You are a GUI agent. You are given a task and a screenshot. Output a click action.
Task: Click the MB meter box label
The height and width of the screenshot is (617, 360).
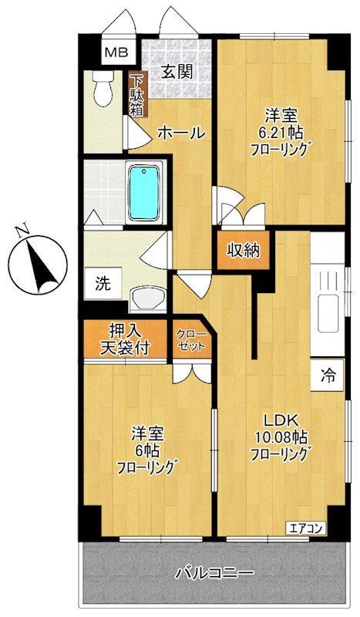118,53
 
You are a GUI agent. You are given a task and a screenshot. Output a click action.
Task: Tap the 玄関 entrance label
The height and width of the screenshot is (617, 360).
177,72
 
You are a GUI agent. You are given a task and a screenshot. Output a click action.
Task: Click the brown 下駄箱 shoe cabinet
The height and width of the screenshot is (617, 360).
136,93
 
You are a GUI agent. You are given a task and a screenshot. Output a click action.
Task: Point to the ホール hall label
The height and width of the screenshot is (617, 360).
181,133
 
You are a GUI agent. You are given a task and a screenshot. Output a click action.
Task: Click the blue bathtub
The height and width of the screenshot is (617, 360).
143,192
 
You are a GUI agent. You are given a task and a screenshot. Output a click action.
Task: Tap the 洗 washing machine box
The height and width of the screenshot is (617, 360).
103,282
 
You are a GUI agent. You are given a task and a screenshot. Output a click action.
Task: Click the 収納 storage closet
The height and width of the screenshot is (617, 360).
242,251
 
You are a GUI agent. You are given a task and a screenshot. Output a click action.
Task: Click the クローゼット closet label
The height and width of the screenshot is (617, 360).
191,340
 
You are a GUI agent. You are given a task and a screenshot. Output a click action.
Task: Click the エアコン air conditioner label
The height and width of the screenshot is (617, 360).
308,528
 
